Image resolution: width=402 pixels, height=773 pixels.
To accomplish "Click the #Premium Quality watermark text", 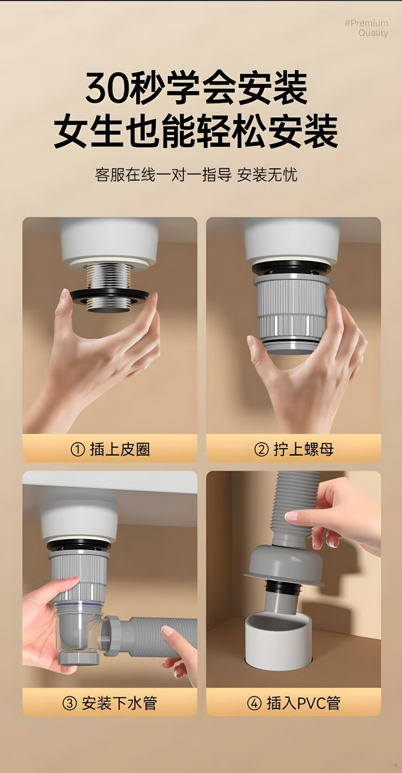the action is point(367,28).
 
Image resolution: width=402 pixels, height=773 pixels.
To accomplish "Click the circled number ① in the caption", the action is point(78,450).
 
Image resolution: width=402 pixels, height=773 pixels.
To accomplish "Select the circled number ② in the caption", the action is point(261,450).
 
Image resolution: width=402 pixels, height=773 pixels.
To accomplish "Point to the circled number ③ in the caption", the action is point(69,703).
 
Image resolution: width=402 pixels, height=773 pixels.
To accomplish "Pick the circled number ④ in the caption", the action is point(254,703).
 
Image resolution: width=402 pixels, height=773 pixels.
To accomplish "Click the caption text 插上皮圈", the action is point(120,450).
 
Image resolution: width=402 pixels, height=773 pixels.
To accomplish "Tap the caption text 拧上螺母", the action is point(304,450).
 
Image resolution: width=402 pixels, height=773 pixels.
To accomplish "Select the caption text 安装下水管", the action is point(119,703).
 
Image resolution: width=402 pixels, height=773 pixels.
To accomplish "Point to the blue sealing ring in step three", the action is point(79,604).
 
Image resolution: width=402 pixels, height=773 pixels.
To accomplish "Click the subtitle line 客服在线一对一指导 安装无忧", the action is point(196,175).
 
